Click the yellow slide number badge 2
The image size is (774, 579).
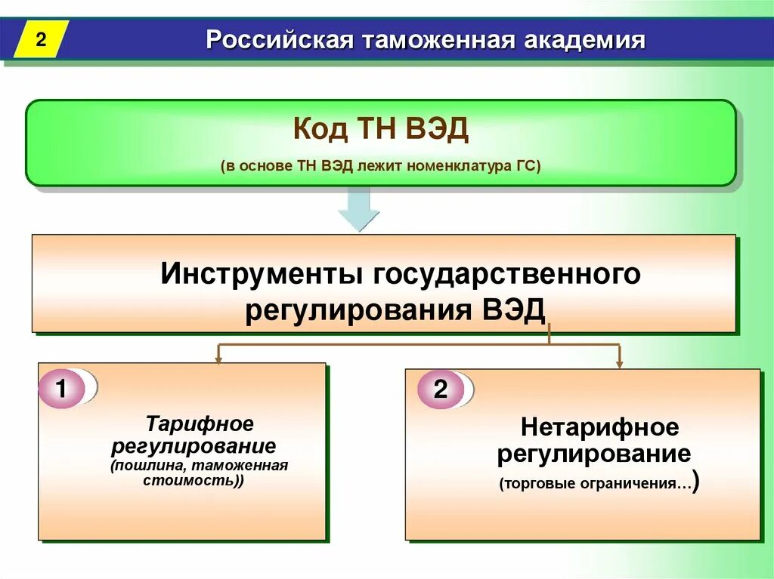tap(41, 39)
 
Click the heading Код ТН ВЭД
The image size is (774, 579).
tap(381, 130)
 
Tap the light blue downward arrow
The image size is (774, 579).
tap(358, 209)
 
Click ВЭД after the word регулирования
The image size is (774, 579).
tap(513, 311)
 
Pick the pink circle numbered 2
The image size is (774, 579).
tap(440, 390)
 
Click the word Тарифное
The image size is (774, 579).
tap(200, 423)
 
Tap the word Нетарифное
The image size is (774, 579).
tap(599, 427)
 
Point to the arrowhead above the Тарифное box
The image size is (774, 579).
tap(218, 359)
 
